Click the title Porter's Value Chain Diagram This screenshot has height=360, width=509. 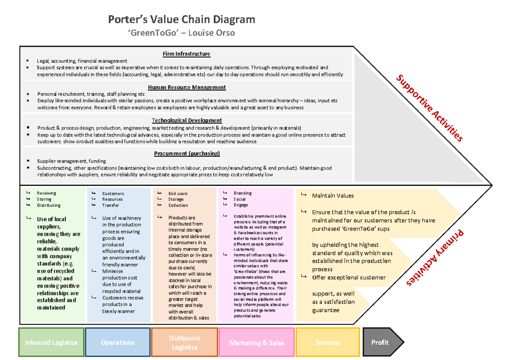pos(182,20)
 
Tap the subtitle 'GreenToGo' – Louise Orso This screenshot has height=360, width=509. pos(182,33)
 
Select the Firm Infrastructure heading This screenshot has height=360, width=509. pos(187,54)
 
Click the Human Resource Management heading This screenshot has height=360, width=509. pos(187,87)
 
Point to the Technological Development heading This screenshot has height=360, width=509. pos(187,120)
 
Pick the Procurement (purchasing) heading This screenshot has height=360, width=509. pos(187,153)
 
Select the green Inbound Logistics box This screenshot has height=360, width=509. pos(51,342)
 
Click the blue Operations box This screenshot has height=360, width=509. pos(117,342)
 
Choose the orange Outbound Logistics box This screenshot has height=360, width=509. pos(184,342)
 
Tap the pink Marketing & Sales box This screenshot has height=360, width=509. pos(257,343)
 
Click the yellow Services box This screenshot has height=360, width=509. pos(327,342)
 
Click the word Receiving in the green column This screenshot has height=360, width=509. pos(46,193)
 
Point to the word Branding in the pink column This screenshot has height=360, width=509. pos(242,193)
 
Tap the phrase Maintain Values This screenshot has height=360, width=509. pos(333,196)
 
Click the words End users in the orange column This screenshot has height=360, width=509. pos(178,193)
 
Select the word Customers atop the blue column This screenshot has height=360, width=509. pos(113,193)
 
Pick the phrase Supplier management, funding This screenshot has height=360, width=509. pos(71,161)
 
